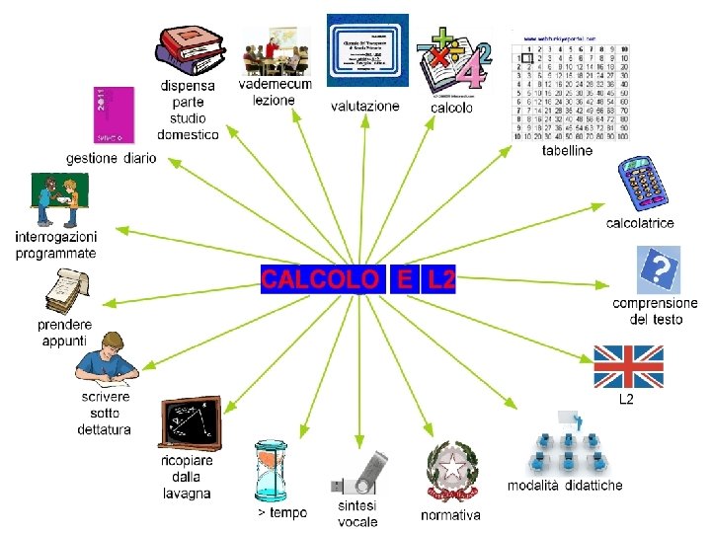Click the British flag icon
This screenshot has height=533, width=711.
(x=628, y=366)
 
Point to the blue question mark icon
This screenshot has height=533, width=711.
(x=659, y=269)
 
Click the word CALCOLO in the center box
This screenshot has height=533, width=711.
(x=319, y=279)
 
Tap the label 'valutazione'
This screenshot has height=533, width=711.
(x=365, y=106)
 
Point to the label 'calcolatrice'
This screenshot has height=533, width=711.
(x=640, y=223)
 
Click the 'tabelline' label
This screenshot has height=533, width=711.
(x=568, y=151)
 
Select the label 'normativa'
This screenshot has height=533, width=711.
(x=450, y=515)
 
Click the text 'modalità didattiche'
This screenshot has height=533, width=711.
(x=565, y=486)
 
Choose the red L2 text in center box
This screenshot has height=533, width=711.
(x=440, y=279)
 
